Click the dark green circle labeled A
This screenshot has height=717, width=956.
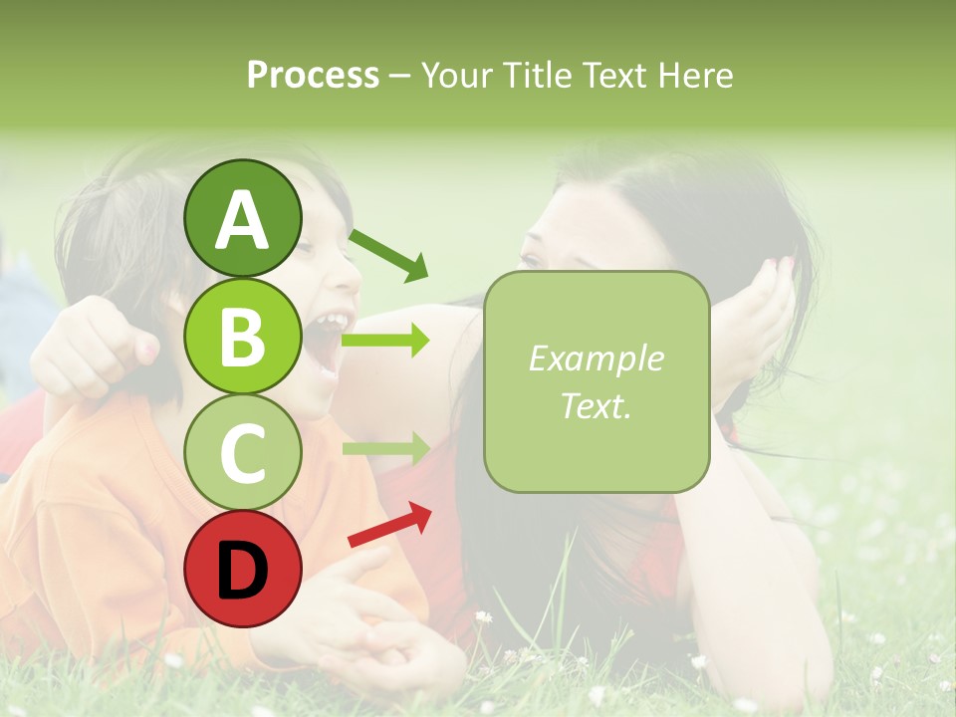point(243,219)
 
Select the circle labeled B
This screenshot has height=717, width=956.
point(243,335)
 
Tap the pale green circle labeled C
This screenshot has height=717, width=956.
point(243,452)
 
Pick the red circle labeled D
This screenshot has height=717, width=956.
point(243,569)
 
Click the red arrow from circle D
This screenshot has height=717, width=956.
point(389,524)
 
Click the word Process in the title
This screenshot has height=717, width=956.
point(313,76)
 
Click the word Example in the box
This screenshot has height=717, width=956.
point(596,358)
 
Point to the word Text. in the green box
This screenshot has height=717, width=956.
point(596,405)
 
